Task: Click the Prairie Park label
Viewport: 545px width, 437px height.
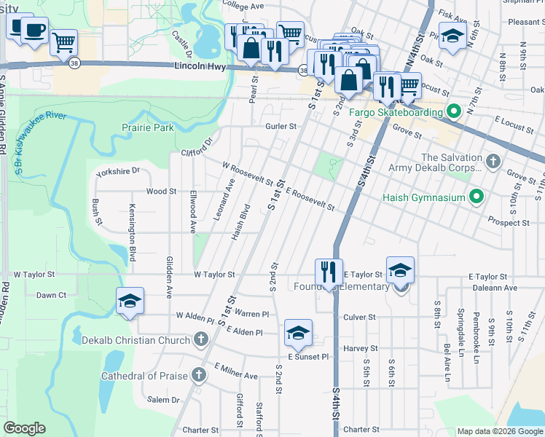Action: [147, 127]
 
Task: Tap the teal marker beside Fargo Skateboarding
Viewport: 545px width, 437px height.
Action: [452, 112]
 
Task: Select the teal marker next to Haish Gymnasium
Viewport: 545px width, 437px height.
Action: [477, 197]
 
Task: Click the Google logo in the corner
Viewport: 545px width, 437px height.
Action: [24, 428]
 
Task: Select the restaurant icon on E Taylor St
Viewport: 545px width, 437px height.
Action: [328, 273]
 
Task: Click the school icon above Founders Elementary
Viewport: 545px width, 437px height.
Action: [400, 270]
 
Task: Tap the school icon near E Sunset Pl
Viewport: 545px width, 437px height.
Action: [298, 333]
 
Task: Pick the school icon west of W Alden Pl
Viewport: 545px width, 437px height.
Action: [129, 301]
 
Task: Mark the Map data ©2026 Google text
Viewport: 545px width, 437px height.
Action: [499, 431]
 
